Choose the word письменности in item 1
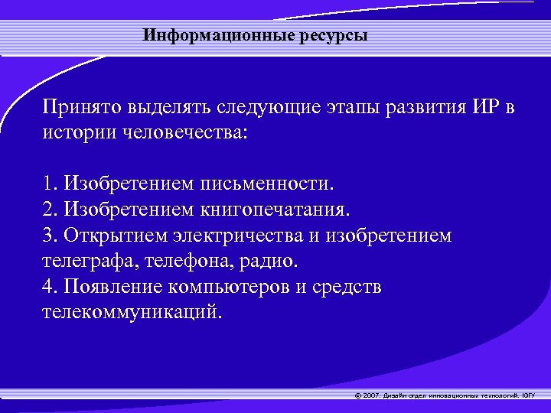pos(267,184)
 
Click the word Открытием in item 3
pos(115,236)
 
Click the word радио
pos(272,261)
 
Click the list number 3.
pos(49,236)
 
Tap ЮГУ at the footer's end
pos(528,395)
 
